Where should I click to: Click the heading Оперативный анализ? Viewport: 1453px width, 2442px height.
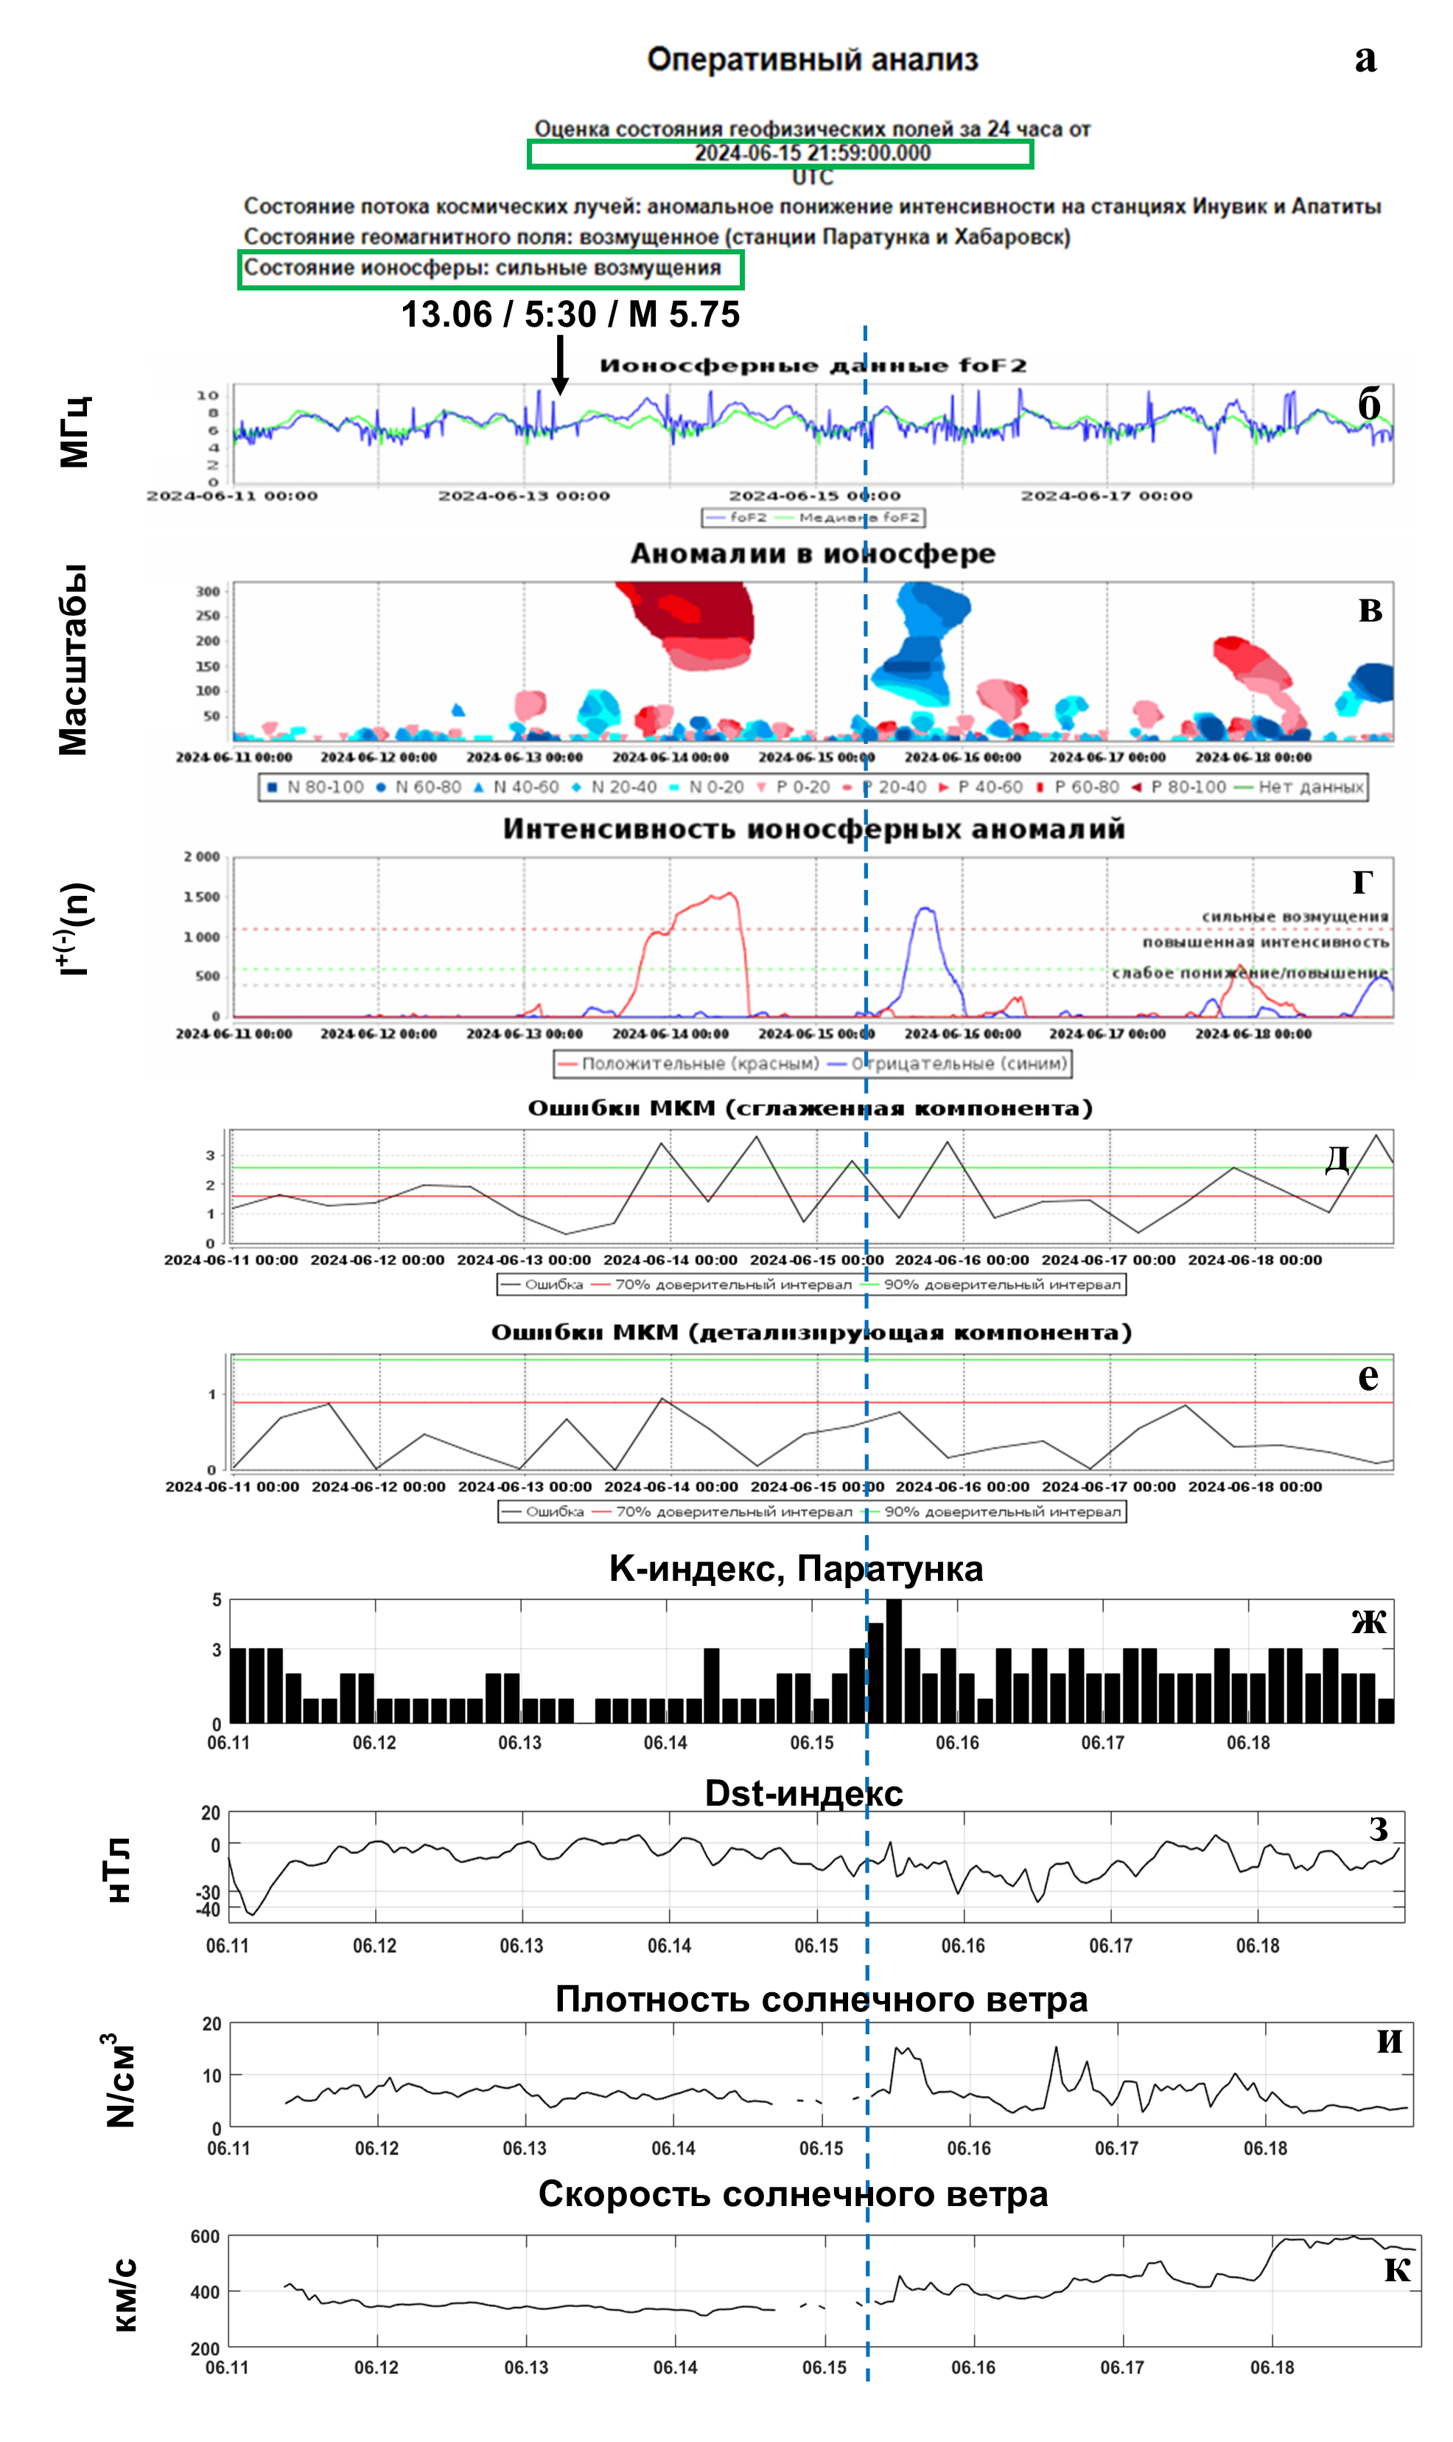coord(812,59)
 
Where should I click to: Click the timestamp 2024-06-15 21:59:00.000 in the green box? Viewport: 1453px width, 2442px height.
coord(812,153)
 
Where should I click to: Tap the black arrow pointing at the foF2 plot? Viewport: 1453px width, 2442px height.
coord(559,366)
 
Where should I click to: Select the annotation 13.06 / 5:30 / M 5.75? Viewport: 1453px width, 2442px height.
coord(570,314)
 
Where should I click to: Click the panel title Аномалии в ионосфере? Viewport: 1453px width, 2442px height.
coord(812,554)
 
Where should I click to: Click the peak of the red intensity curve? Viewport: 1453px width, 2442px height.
coord(729,894)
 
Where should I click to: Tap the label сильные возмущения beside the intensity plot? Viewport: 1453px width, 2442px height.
coord(1295,916)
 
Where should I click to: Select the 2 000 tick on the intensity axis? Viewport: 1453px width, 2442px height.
coord(202,857)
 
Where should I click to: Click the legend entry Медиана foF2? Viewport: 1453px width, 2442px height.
coord(858,517)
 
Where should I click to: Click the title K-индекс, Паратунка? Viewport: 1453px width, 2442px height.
coord(795,1568)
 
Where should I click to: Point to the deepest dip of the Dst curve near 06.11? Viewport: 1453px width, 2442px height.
coord(253,1913)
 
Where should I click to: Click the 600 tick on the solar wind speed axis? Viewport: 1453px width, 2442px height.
coord(205,2236)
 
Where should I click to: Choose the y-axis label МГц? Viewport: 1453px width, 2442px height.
coord(75,432)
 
